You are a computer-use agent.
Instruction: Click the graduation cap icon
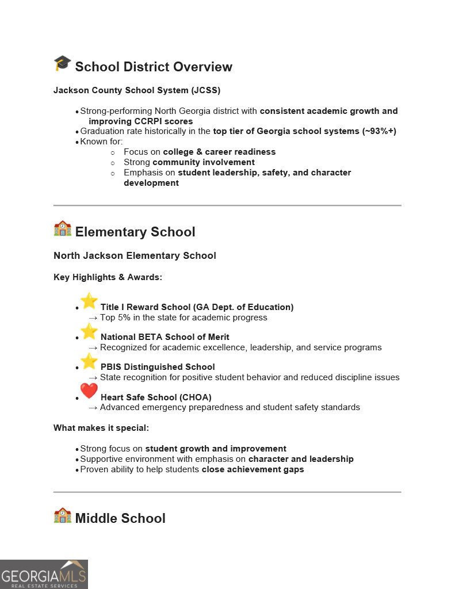tap(62, 64)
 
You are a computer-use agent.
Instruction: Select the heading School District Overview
tap(154, 67)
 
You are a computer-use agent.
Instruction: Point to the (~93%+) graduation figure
tap(379, 131)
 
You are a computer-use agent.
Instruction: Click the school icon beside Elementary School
tap(62, 229)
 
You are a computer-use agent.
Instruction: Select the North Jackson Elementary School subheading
tap(135, 255)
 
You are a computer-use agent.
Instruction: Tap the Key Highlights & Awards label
tap(108, 277)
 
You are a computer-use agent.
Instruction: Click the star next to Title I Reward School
tap(89, 301)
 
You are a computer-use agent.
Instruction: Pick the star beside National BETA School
tap(89, 331)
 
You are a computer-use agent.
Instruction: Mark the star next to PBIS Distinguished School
tap(89, 361)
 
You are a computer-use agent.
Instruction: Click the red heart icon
tap(89, 391)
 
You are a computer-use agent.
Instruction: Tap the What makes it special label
tap(101, 428)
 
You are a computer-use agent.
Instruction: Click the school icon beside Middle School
tap(62, 515)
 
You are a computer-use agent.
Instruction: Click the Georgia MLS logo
tap(44, 574)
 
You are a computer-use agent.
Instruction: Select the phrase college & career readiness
tap(219, 152)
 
